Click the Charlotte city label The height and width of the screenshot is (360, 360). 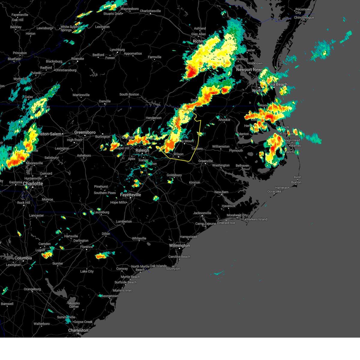pos(33,184)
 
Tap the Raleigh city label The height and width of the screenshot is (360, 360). pos(142,150)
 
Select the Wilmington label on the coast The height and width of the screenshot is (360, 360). pos(179,245)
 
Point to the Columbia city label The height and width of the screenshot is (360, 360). pos(23,258)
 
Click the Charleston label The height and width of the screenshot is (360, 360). pos(78,330)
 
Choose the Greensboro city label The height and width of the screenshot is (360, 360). pos(85,132)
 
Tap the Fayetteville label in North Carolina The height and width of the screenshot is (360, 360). pos(130,195)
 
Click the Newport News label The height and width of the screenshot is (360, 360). pos(249,70)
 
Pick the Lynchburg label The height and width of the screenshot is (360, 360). pos(117,50)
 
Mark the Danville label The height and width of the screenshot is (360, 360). pos(105,101)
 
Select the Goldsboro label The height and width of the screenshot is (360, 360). pos(174,175)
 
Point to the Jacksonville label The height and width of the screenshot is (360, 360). pos(202,213)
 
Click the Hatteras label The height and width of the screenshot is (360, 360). pos(281,188)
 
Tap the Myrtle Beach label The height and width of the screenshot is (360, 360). pos(130,277)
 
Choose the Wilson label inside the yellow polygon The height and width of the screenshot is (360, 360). pos(178,154)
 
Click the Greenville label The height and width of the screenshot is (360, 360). pos(205,161)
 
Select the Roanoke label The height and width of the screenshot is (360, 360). pos(78,59)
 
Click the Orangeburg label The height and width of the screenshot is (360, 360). pos(32,289)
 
